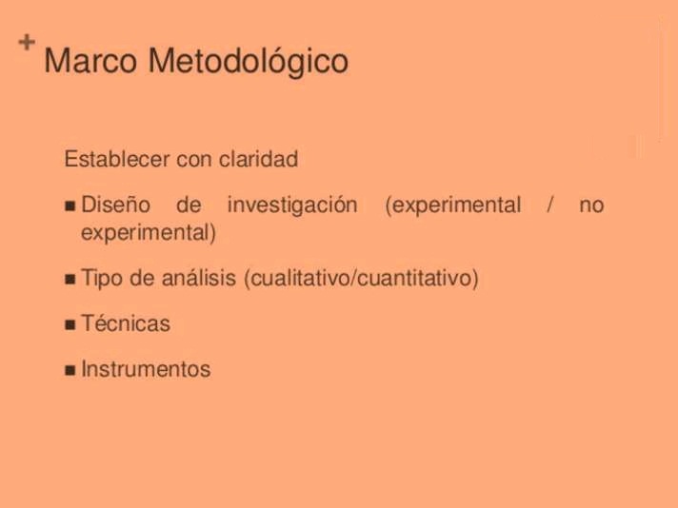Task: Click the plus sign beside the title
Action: [x=27, y=42]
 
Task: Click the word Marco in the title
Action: [x=90, y=61]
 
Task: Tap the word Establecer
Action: [x=117, y=159]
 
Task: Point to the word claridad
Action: [x=258, y=159]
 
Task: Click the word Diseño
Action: [x=115, y=205]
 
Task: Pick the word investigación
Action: [x=292, y=205]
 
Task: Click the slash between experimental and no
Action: [x=550, y=205]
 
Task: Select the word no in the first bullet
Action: [x=591, y=206]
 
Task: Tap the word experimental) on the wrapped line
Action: [x=149, y=233]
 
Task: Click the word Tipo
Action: [x=103, y=278]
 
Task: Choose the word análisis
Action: [x=199, y=278]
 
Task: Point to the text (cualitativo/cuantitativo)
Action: [x=362, y=278]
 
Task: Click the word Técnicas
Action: [x=126, y=323]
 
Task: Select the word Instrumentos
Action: [x=146, y=369]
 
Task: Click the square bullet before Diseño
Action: [x=70, y=205]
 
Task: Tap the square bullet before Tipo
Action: [x=70, y=279]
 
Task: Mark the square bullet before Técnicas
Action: [x=70, y=324]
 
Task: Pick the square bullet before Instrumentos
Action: [x=70, y=370]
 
